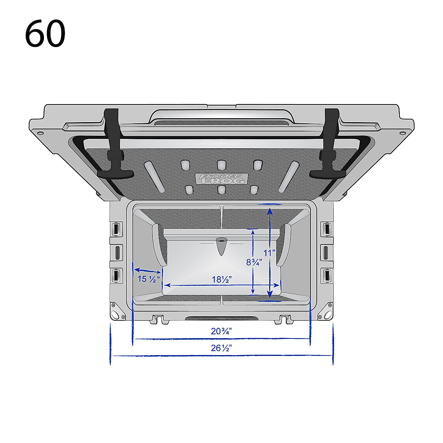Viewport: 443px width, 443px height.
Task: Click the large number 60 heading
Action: point(45,33)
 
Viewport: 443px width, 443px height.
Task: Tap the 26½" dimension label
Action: point(221,348)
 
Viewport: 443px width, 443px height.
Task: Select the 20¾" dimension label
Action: point(221,331)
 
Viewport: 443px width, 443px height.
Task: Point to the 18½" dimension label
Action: point(221,279)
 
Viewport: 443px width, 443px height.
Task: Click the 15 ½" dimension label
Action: point(148,279)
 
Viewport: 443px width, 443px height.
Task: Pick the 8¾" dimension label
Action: point(254,262)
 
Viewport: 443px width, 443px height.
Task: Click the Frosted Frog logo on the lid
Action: point(221,179)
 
